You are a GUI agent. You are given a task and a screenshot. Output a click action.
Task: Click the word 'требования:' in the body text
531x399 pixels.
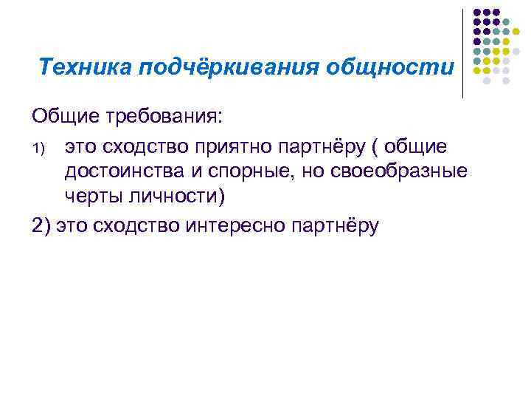(x=169, y=118)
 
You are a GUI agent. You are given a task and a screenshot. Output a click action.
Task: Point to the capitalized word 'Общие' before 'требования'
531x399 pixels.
(x=65, y=118)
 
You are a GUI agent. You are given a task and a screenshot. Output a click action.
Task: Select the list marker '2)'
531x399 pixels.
(x=41, y=225)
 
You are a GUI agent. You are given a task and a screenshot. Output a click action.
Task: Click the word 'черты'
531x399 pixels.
(x=92, y=198)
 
